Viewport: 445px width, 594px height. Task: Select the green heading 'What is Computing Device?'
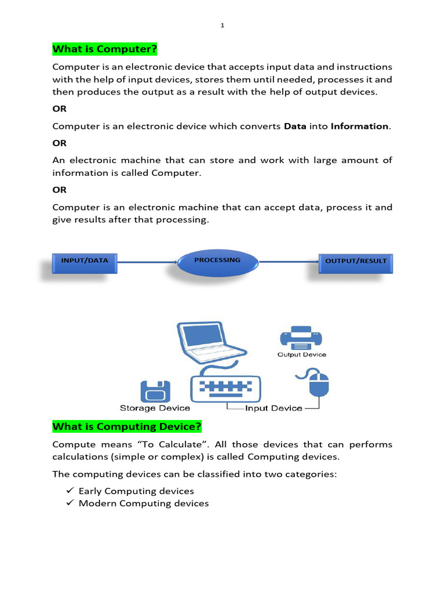(127, 427)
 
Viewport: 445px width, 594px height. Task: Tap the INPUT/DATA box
(85, 261)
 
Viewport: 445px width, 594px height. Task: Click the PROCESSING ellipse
(217, 263)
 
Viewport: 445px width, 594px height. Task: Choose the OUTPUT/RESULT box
(356, 262)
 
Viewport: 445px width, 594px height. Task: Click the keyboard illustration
(226, 386)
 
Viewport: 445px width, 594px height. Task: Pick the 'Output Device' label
(301, 354)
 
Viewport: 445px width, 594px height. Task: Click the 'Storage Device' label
(155, 408)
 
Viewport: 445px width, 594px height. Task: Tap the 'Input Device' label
(273, 408)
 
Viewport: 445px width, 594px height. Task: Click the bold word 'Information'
(359, 126)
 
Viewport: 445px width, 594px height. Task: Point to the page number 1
(222, 25)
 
